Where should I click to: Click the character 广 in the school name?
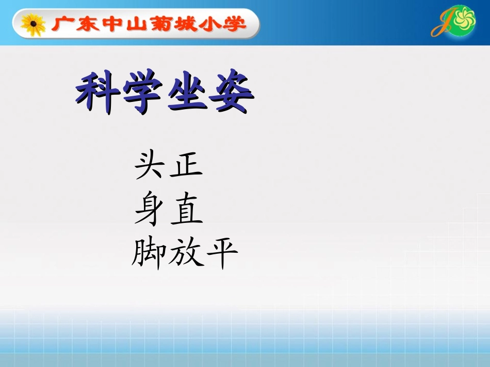61,24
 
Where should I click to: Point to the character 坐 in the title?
188,94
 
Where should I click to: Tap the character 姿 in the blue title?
233,94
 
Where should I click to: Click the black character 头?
150,166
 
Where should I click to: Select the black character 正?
186,166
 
